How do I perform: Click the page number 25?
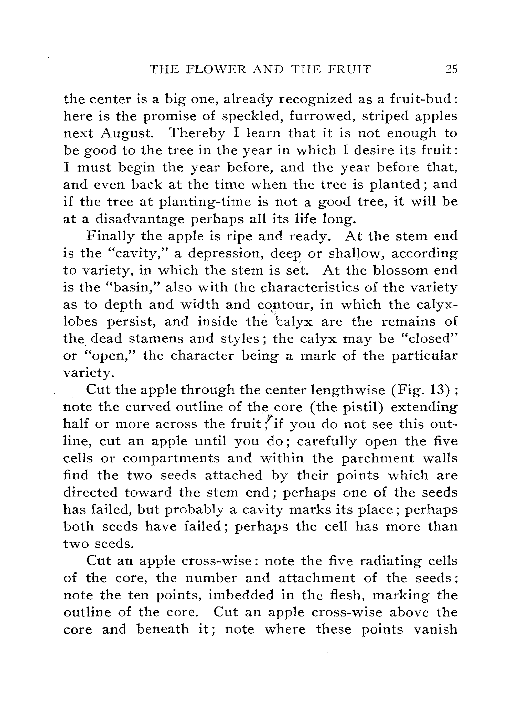pyautogui.click(x=451, y=69)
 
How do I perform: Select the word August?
pyautogui.click(x=127, y=134)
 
